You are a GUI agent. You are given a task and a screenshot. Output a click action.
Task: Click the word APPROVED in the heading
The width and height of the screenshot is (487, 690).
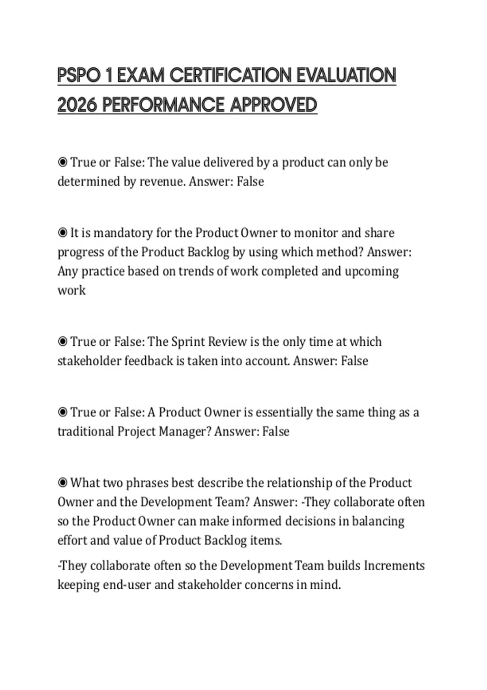click(x=274, y=105)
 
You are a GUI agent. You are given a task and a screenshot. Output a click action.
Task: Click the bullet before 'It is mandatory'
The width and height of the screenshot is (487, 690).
click(x=62, y=233)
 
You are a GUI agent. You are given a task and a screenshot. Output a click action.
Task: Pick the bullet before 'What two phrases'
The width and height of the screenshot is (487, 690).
click(x=62, y=483)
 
